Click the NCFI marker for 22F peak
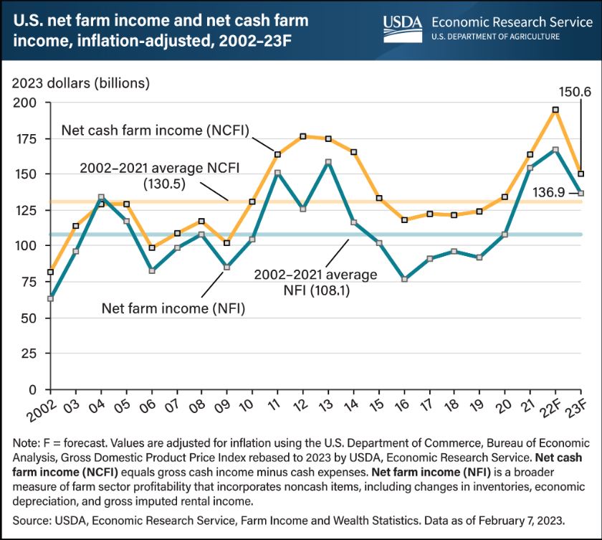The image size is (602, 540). pos(556,110)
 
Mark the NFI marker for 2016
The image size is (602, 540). pos(404,279)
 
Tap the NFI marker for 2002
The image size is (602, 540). pos(50,298)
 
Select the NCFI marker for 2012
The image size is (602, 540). pos(303,136)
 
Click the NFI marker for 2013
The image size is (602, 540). pos(328,162)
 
